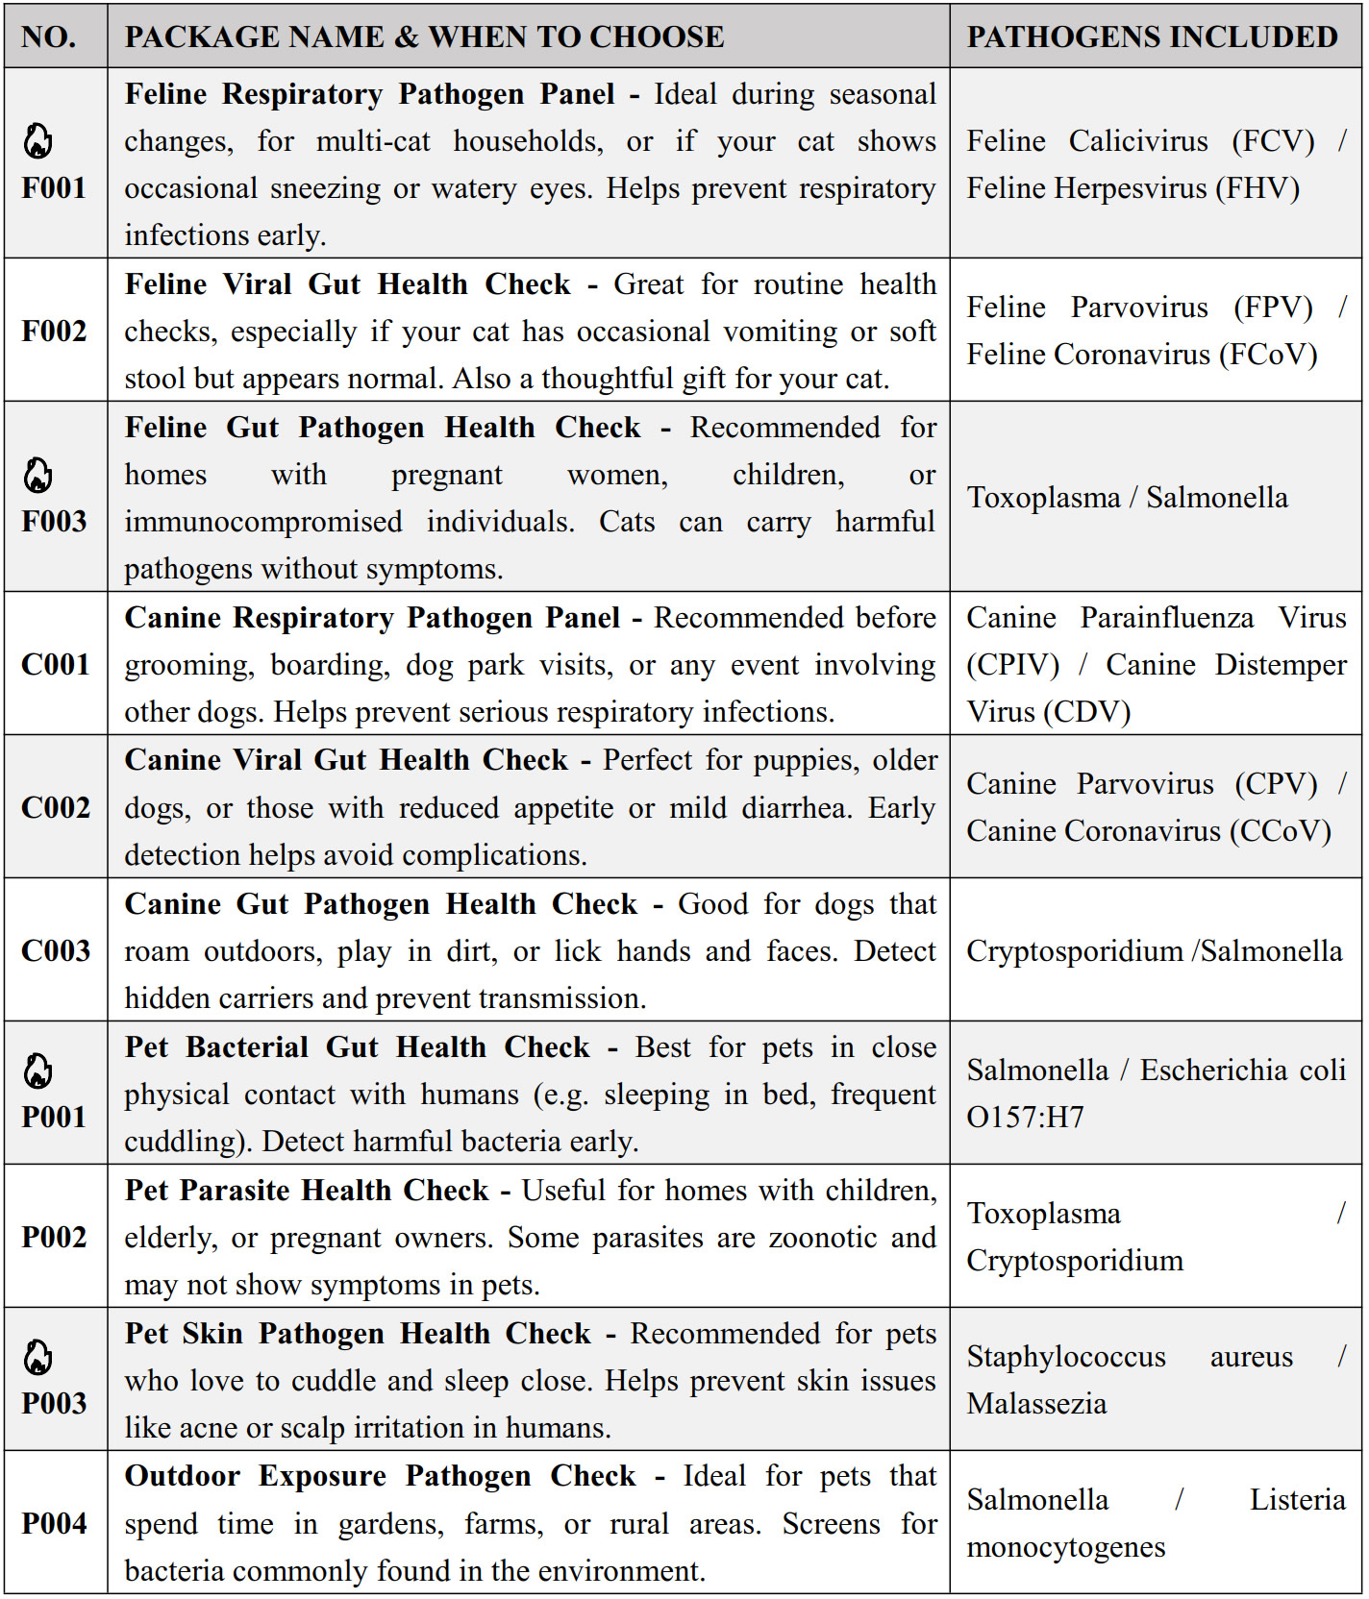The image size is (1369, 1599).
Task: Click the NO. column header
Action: click(x=49, y=37)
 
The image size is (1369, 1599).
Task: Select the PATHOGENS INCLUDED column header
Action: click(x=1152, y=37)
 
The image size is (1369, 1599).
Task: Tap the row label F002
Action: click(x=54, y=331)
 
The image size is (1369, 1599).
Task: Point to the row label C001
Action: click(x=55, y=664)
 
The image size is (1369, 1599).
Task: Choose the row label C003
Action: click(x=55, y=950)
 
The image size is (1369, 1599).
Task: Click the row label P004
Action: click(x=54, y=1523)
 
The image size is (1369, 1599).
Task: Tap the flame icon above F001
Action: click(x=38, y=142)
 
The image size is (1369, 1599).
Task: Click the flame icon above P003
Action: click(x=38, y=1358)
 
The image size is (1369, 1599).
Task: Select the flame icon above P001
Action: click(x=38, y=1071)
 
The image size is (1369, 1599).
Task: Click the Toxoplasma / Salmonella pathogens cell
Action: click(x=1127, y=498)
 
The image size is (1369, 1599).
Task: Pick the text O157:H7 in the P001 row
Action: click(x=1025, y=1118)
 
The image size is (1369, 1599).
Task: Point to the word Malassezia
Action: click(x=1036, y=1404)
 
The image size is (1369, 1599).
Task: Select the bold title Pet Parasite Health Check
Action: click(x=307, y=1191)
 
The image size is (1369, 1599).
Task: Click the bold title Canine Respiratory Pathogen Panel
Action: click(x=372, y=618)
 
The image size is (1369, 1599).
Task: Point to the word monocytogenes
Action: click(x=1065, y=1547)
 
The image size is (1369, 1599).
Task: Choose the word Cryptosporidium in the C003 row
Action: click(x=1074, y=951)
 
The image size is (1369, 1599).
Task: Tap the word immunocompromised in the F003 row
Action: click(x=263, y=522)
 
